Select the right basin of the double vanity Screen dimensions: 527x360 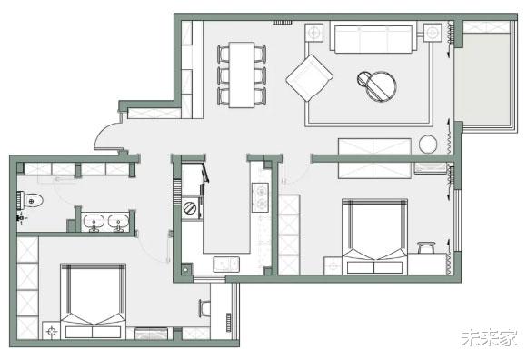click(x=118, y=223)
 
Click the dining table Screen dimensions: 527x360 click(x=242, y=75)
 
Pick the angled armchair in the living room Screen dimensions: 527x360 click(x=310, y=77)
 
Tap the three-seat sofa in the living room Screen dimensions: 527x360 click(x=373, y=37)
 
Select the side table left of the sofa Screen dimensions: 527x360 click(x=314, y=33)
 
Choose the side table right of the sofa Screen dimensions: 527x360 click(x=433, y=33)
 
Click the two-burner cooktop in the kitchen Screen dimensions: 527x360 click(x=261, y=197)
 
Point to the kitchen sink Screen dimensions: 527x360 click(x=226, y=265)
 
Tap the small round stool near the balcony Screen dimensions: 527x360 click(x=428, y=145)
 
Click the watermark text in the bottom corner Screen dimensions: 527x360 click(x=489, y=338)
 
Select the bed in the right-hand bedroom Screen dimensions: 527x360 click(x=374, y=236)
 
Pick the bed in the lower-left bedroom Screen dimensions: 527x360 click(x=93, y=301)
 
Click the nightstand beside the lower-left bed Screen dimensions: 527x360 click(x=52, y=331)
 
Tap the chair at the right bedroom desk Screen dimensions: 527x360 click(x=426, y=247)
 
